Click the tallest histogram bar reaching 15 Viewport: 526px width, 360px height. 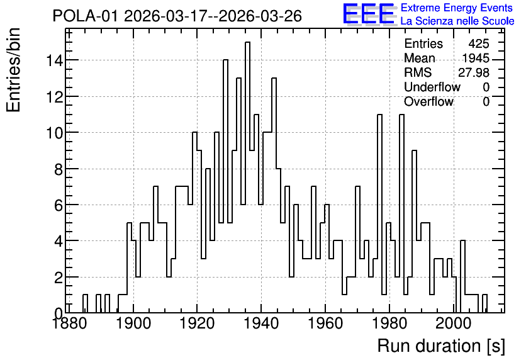[247, 177]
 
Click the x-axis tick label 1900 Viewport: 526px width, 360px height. [133, 323]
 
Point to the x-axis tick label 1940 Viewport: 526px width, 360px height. [261, 323]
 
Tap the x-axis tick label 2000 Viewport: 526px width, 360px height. [453, 323]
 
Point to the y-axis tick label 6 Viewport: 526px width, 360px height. [59, 205]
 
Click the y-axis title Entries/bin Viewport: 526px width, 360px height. [13, 70]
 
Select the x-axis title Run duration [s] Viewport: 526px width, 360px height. [441, 346]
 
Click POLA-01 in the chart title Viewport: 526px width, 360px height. [86, 16]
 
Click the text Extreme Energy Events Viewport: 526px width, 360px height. [457, 8]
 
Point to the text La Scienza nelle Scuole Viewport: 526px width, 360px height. [457, 21]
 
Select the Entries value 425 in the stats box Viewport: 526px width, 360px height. [479, 43]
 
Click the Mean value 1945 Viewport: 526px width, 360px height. [476, 58]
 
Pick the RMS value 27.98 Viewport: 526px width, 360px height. [474, 72]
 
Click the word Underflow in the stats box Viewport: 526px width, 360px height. [432, 87]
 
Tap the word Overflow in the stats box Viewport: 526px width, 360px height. [428, 101]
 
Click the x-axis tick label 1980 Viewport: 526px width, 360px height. [389, 323]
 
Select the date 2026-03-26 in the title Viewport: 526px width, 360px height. [260, 16]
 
